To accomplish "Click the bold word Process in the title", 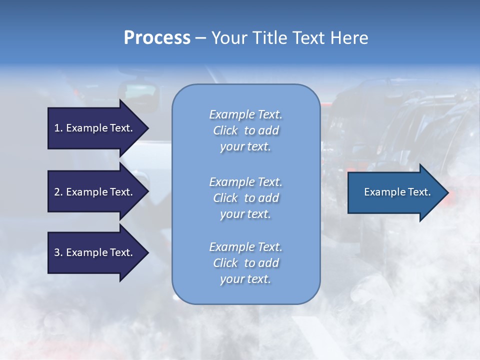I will tap(157, 38).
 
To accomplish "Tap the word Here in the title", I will tap(349, 38).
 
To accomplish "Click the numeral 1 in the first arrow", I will tap(57, 128).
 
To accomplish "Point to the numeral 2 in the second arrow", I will tap(57, 192).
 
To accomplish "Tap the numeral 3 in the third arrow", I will tap(57, 252).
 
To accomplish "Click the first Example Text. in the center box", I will tap(245, 114).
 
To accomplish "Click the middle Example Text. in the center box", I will tap(245, 182).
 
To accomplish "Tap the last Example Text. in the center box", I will tap(245, 247).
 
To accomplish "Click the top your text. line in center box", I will tap(245, 147).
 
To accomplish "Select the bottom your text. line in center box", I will tap(245, 279).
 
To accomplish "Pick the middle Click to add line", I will tap(245, 198).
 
